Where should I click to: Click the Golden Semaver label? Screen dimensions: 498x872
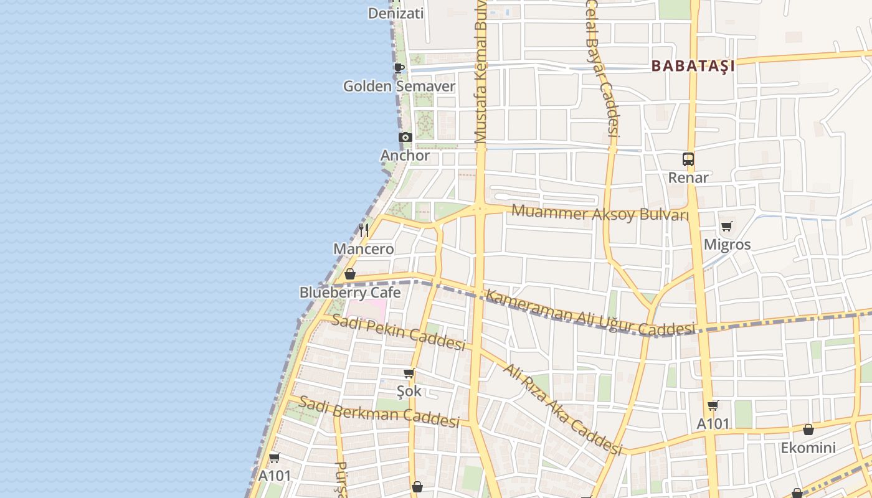(399, 86)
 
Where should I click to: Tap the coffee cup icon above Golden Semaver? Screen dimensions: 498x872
(399, 67)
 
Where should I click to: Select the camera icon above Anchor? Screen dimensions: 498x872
(405, 137)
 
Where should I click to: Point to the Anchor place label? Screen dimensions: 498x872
(405, 156)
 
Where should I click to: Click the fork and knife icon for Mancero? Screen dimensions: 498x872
(364, 230)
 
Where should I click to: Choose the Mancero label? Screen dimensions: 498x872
(364, 249)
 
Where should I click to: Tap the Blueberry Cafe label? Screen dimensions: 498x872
(350, 292)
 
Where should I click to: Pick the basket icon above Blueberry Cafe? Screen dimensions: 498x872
(350, 274)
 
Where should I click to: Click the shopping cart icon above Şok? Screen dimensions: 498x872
(409, 374)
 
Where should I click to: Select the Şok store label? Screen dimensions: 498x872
(409, 391)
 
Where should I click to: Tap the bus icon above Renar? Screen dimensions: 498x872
(688, 159)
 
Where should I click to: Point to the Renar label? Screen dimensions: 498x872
(688, 177)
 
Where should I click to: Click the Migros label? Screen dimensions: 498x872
(727, 245)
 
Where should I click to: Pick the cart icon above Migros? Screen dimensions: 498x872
(727, 227)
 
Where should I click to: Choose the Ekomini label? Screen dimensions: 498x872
(808, 448)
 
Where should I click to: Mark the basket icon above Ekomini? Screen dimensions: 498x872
(808, 430)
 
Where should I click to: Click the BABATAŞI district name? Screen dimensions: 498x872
(693, 65)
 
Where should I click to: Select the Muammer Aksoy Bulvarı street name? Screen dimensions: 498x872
(600, 214)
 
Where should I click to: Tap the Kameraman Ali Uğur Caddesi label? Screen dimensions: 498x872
(589, 313)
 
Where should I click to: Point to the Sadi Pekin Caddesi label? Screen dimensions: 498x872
(399, 332)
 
